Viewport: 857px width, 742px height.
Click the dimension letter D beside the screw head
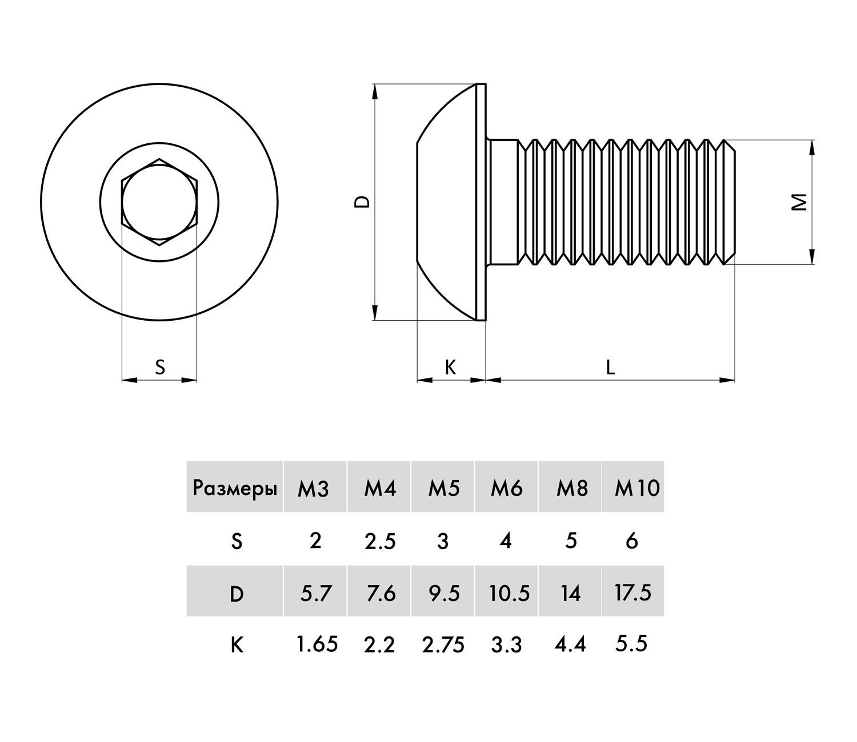click(x=363, y=201)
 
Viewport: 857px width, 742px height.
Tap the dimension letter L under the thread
click(x=610, y=367)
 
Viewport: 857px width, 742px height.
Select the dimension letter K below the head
click(x=450, y=367)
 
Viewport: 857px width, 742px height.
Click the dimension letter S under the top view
click(x=160, y=367)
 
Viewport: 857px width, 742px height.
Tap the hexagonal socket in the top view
click(x=159, y=202)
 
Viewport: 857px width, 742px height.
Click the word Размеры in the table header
click(x=235, y=489)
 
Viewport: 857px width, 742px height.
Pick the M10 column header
click(x=636, y=489)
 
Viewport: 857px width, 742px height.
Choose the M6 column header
click(x=507, y=489)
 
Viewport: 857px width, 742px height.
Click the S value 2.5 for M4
click(x=380, y=541)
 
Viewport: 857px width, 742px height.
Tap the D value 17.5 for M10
click(x=632, y=593)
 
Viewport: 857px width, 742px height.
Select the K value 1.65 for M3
click(x=317, y=645)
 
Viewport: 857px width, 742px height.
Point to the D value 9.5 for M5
click(x=443, y=594)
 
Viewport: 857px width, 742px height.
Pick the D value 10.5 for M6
click(x=509, y=594)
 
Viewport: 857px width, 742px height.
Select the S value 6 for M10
click(x=631, y=541)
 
